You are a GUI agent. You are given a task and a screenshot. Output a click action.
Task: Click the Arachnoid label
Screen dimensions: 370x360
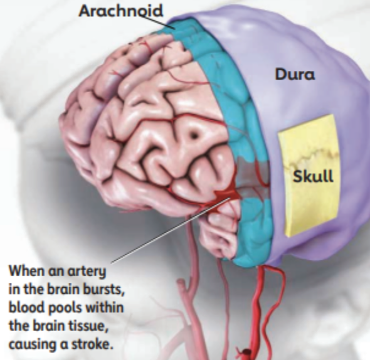[x=121, y=11]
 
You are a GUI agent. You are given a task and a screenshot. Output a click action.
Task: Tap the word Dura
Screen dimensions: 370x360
[x=295, y=75]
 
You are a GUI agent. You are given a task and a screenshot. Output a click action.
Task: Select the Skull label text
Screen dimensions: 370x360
[x=313, y=176]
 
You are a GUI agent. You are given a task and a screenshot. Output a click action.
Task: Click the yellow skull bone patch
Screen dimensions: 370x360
[x=309, y=175]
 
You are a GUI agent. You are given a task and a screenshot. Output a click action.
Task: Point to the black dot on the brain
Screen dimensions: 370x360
[x=194, y=136]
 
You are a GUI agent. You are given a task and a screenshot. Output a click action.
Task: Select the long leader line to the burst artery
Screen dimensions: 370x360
[x=171, y=230]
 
